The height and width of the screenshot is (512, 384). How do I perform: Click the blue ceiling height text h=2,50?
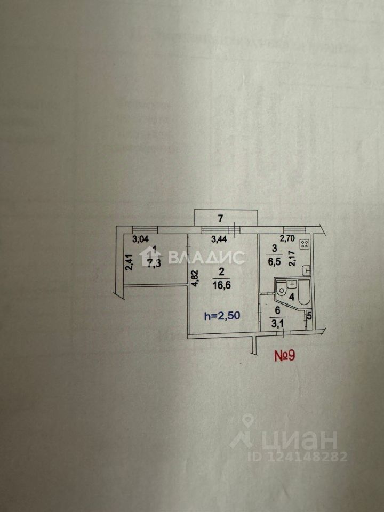[222, 316]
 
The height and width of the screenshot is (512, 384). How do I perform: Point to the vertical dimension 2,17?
[292, 259]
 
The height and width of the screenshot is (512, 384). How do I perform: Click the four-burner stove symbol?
[305, 244]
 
